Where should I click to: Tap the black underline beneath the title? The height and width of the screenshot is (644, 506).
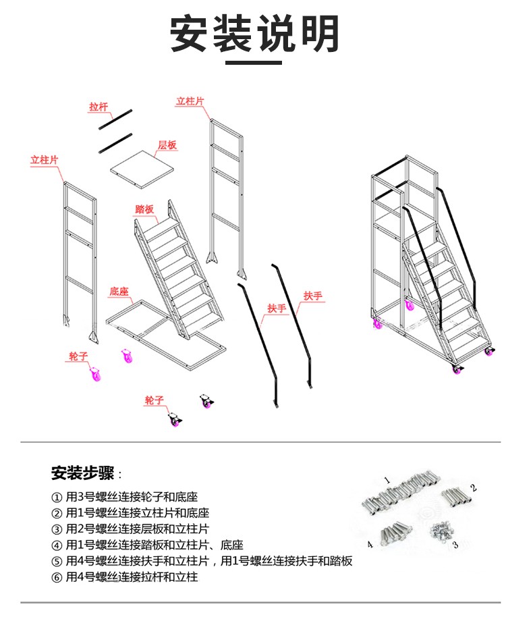coord(253,63)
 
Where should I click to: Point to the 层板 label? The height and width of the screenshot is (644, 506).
coord(167,145)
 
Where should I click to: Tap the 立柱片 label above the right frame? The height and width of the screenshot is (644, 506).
coord(190,101)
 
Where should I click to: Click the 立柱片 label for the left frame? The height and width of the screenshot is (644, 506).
coord(45,160)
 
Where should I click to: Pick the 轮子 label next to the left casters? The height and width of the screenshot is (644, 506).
coord(78,355)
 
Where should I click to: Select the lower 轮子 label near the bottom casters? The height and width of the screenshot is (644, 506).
coord(154,400)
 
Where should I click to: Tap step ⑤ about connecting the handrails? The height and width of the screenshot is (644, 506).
coord(202,561)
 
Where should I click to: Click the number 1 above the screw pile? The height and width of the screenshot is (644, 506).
coord(387,480)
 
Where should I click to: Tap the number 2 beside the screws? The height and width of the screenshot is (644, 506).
coord(474,487)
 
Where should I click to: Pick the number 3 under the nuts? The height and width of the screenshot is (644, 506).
coord(455,544)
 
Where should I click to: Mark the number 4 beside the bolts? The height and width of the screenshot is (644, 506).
coord(370,544)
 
